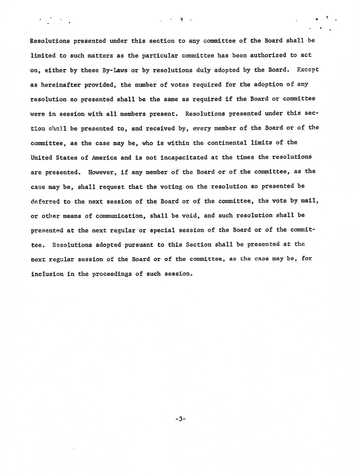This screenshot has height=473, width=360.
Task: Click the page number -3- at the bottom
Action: coord(180,419)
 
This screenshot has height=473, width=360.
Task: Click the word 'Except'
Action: coord(308,70)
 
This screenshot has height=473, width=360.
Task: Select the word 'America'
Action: coord(104,158)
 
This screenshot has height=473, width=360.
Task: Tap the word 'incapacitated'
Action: coord(184,157)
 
